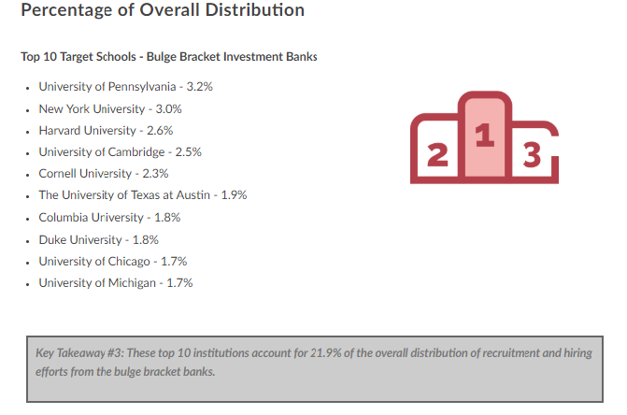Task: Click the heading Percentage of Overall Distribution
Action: [x=163, y=11]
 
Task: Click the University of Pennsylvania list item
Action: [x=126, y=86]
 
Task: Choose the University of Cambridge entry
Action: [x=120, y=151]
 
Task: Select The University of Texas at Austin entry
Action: [x=142, y=195]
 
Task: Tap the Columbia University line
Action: [x=109, y=217]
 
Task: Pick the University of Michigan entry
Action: [x=115, y=282]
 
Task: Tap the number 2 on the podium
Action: [x=435, y=155]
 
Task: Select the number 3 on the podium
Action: [x=533, y=155]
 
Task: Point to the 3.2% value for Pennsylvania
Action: [x=200, y=86]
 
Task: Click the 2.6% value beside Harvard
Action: [x=160, y=130]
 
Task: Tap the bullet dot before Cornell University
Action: [x=29, y=175]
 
